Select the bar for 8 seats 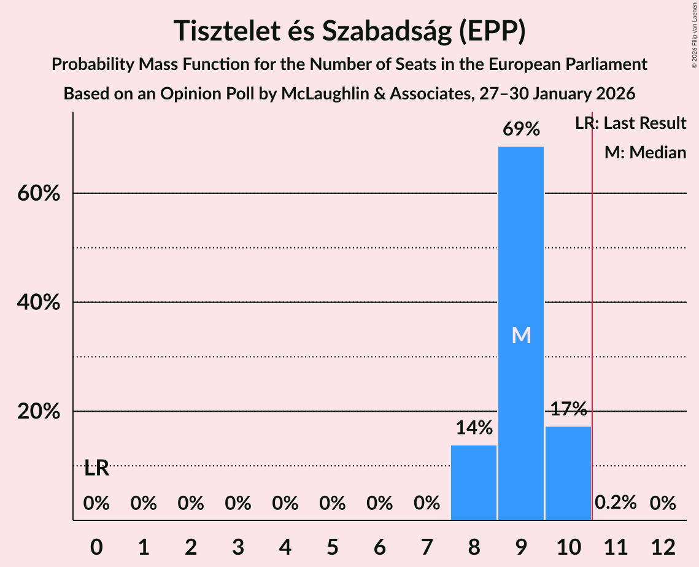473,482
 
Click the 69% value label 520,129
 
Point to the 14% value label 473,428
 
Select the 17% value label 568,409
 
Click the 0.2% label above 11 615,503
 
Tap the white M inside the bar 521,335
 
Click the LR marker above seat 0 96,469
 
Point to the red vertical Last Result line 592,307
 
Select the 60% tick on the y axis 38,194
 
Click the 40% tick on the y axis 38,303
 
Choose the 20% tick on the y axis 38,412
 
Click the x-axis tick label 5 332,545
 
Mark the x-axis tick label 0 96,545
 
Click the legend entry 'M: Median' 644,152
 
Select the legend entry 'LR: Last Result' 630,123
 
